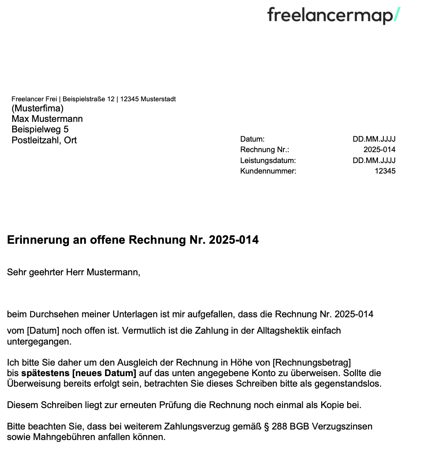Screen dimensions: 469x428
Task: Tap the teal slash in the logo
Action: coord(396,15)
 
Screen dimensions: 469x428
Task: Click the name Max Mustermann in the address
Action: coord(47,119)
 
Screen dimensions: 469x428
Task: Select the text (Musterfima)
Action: coord(37,108)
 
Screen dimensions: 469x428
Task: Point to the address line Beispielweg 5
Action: coord(40,129)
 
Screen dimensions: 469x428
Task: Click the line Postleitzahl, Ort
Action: coord(44,140)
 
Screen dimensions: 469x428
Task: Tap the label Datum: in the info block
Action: coord(252,139)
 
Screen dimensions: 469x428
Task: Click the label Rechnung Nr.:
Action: coord(265,150)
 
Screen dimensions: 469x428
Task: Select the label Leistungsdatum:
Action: coord(268,161)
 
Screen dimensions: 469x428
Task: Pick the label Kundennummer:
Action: coord(268,171)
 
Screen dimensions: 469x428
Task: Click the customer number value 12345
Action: coord(385,171)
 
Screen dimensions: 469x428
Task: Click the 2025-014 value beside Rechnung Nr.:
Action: coord(379,150)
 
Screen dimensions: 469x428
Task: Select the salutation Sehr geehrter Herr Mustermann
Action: coord(73,272)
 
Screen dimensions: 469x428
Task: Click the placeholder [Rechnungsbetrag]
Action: coord(312,362)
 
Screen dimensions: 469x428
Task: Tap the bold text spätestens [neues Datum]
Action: coord(79,373)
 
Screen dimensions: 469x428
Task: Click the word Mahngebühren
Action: coord(61,437)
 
